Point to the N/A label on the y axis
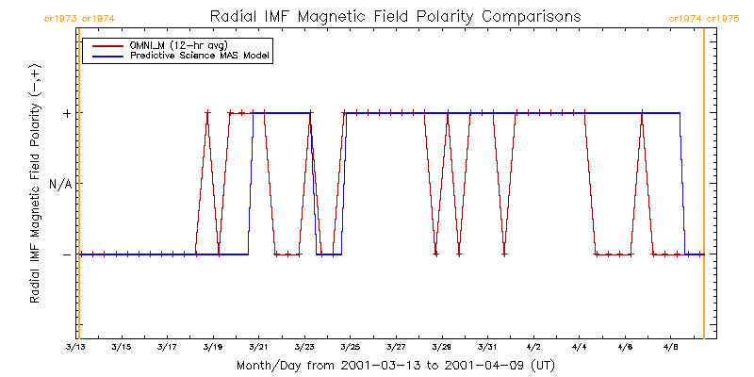(60, 184)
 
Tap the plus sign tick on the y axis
(66, 113)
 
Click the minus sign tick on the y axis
(66, 254)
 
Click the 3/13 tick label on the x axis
(75, 347)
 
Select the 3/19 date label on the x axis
(213, 347)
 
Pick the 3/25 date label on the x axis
(350, 347)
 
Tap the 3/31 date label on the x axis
(487, 347)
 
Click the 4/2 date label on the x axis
(533, 347)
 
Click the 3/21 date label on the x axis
(258, 347)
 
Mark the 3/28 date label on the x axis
(441, 347)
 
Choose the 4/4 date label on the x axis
(579, 347)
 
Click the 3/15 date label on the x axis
(122, 347)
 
